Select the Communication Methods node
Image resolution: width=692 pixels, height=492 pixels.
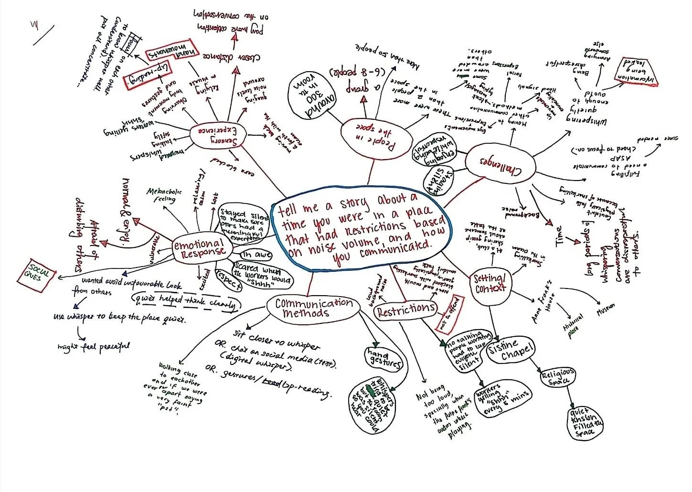pyautogui.click(x=314, y=308)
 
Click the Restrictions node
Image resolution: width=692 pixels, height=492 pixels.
pyautogui.click(x=405, y=311)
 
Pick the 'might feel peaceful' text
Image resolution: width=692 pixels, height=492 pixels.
pyautogui.click(x=93, y=346)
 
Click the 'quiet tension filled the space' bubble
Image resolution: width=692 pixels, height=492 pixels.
pyautogui.click(x=586, y=423)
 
